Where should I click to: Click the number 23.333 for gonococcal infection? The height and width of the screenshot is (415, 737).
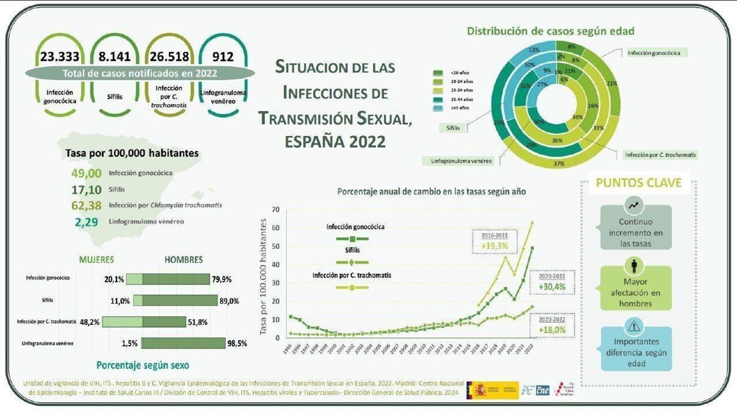point(59,57)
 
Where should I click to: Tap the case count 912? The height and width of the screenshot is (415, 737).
point(223,57)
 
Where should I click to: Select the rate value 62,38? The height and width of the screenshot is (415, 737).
point(86,205)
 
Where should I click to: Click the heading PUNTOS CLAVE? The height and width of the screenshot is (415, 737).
point(638,183)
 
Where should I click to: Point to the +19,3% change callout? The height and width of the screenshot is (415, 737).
point(495,246)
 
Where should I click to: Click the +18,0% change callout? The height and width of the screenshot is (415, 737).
point(552,330)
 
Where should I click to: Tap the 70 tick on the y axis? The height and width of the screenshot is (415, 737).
point(275,210)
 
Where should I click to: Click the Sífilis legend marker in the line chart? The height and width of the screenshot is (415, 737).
point(352,262)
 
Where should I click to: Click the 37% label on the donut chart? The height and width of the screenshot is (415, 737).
point(559,163)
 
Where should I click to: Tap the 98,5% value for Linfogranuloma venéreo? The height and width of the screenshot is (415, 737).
point(237,344)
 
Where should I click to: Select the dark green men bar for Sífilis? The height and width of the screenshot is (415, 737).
point(180,301)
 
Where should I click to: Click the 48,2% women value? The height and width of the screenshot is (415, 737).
point(89,322)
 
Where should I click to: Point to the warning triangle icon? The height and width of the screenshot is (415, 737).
point(634,326)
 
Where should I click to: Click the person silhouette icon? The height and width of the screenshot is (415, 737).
point(634,266)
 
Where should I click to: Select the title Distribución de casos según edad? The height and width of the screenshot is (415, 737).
point(550,31)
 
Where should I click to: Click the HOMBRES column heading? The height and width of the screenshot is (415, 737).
point(183,260)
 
